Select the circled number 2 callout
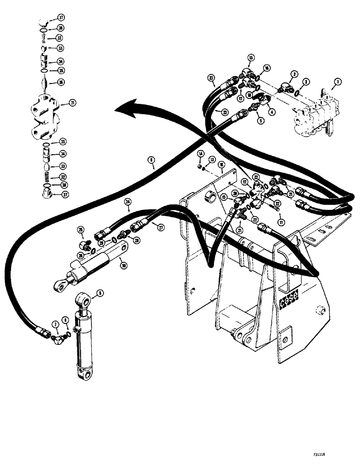pos(294,74)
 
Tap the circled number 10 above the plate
pos(222,164)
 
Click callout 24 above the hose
pos(128,202)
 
